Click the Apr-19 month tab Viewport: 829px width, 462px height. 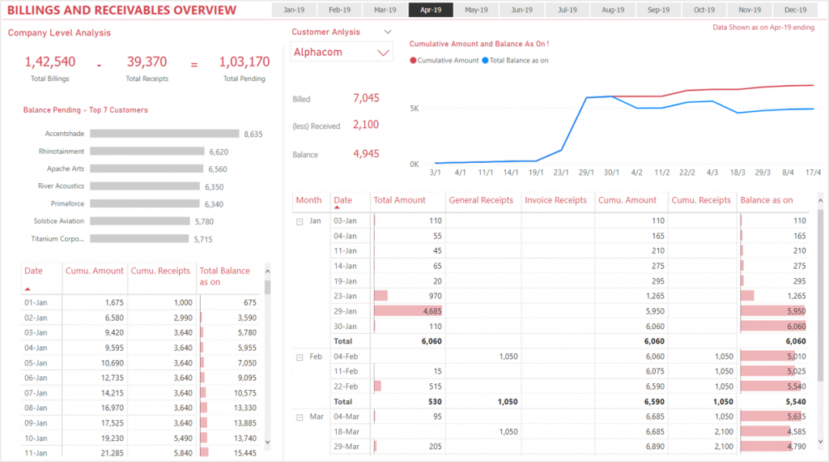tap(431, 11)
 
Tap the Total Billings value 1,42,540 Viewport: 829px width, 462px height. tap(49, 62)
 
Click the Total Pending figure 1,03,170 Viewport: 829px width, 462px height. tap(244, 62)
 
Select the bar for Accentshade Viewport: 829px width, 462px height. tap(164, 134)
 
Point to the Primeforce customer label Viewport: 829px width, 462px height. tap(67, 203)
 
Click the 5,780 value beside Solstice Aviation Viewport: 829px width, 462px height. tap(203, 221)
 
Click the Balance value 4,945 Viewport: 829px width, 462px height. tap(366, 154)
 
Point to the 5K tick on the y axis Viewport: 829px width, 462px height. tap(414, 108)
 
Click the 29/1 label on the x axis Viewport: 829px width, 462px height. tap(585, 173)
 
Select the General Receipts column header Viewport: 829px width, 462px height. tap(480, 200)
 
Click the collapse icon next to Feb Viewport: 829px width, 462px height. tap(300, 357)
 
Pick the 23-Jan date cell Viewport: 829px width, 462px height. tap(345, 296)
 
